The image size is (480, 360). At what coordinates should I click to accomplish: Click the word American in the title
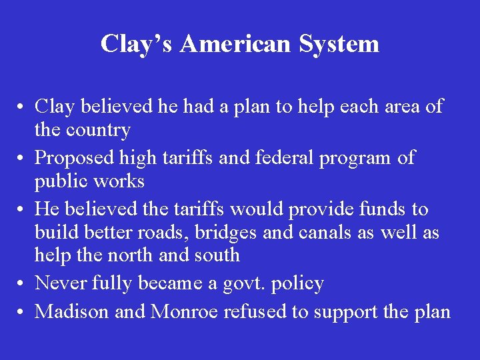pos(235,44)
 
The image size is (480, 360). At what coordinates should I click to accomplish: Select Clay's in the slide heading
pos(137,44)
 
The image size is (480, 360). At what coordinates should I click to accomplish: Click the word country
pos(98,129)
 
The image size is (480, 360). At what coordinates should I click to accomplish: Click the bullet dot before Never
pos(22,284)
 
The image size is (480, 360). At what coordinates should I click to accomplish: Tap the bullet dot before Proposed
pos(22,159)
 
